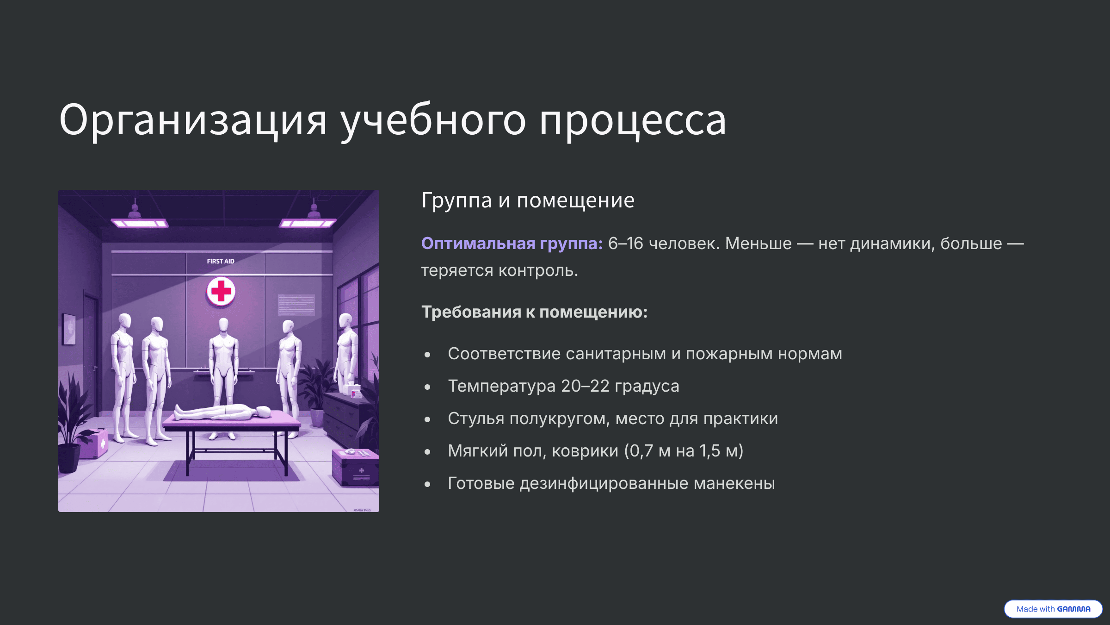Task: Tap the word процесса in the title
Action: [633, 121]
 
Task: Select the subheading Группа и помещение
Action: [528, 200]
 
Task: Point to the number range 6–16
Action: [625, 244]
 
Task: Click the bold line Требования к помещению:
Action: [534, 312]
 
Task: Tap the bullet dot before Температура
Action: [427, 387]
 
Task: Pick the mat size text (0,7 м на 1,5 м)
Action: [684, 451]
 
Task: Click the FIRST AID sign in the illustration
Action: [221, 261]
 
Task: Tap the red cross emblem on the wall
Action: [221, 291]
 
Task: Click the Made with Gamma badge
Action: [1053, 609]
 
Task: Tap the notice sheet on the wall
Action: [296, 305]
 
